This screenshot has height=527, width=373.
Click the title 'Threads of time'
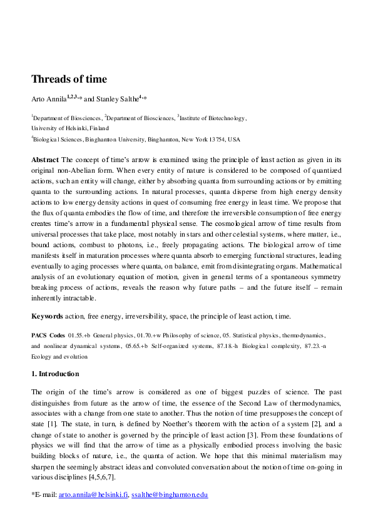click(69, 79)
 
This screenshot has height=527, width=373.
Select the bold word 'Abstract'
click(45, 160)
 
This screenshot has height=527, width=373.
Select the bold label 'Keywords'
click(48, 317)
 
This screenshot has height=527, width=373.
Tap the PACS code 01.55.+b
click(79, 336)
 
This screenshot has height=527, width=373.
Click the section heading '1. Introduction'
click(55, 374)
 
